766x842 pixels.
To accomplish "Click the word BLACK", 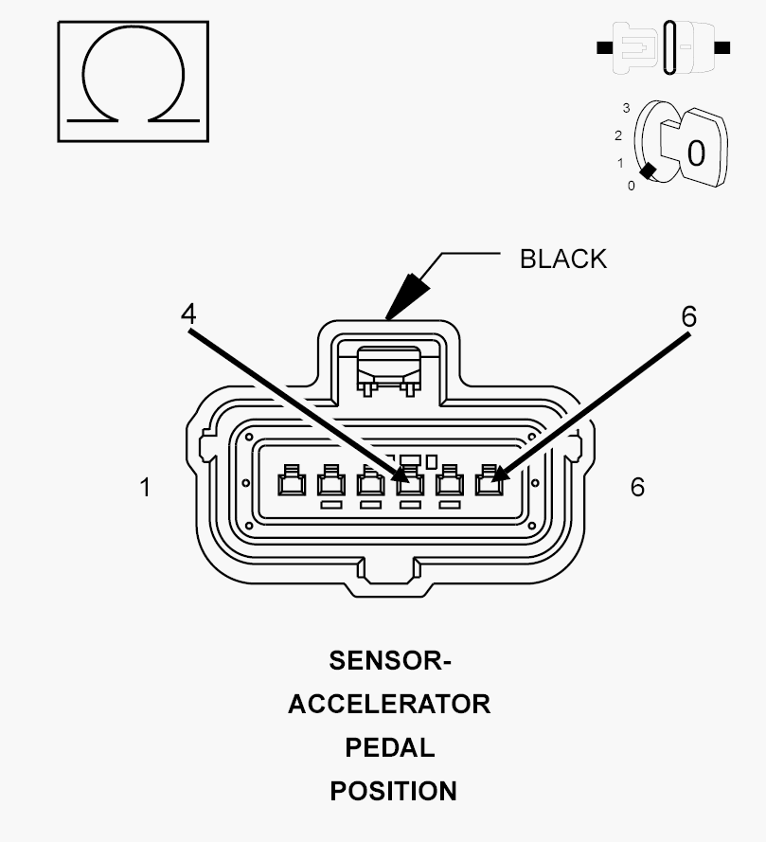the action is (563, 259).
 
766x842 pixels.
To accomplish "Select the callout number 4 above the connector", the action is (188, 314).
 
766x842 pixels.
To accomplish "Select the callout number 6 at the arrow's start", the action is (688, 317).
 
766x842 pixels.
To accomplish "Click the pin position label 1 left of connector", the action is (145, 488).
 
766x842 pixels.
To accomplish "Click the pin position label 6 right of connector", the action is (637, 487).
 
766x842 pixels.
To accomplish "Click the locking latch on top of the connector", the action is (389, 370).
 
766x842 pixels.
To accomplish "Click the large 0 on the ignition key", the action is (696, 153).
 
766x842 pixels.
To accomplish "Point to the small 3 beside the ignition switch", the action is (626, 108).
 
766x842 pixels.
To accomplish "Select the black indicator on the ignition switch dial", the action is (648, 171).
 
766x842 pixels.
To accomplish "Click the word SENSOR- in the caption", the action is (390, 660).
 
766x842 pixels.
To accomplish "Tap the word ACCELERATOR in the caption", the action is (389, 704).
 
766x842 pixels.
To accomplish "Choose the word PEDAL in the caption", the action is (390, 747).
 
